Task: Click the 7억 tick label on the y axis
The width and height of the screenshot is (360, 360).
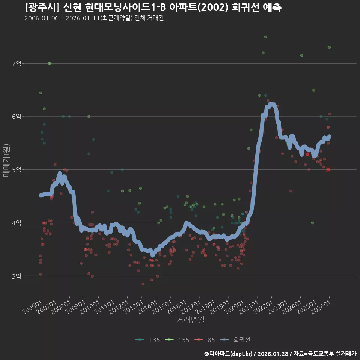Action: tap(16, 64)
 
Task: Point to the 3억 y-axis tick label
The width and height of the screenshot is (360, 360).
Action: tap(16, 276)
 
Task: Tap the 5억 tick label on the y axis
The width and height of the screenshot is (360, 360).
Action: tap(16, 170)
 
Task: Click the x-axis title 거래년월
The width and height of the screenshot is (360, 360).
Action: tap(190, 319)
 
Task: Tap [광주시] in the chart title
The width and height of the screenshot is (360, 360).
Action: tap(39, 7)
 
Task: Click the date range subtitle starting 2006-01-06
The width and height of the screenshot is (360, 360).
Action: tap(94, 18)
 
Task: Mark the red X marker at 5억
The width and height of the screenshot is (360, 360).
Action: tap(328, 170)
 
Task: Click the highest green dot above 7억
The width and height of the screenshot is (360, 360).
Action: tap(265, 37)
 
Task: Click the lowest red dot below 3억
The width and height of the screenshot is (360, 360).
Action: tap(142, 284)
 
